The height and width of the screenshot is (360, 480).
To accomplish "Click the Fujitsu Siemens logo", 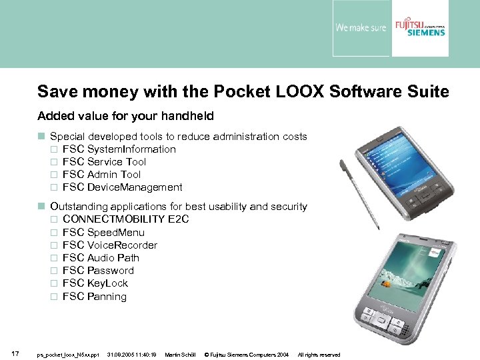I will tap(419, 29).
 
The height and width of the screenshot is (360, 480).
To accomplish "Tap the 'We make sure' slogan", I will tap(360, 29).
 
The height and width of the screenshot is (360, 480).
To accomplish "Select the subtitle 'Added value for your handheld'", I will tap(125, 116).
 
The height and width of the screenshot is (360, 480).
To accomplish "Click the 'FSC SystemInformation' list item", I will tap(119, 149).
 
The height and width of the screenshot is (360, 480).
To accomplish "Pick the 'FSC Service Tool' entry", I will tap(104, 162).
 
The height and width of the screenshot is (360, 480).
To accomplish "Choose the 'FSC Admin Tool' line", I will tap(101, 175).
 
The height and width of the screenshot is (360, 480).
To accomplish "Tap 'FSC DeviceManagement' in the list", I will tap(122, 187).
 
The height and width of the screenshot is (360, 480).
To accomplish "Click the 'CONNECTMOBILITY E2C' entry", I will tap(126, 219).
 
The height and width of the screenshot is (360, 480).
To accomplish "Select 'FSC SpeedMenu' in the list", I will tap(103, 232).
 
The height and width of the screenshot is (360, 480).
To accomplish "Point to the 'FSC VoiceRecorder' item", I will tap(110, 245).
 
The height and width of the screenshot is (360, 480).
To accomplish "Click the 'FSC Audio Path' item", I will tap(101, 257).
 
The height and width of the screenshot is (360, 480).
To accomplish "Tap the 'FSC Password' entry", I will tap(98, 270).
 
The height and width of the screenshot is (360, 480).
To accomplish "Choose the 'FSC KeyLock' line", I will tap(95, 283).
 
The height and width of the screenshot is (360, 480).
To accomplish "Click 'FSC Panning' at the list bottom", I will tap(94, 297).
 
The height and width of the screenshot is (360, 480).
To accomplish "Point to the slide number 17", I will tap(15, 353).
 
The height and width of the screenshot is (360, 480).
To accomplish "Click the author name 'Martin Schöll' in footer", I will tap(180, 355).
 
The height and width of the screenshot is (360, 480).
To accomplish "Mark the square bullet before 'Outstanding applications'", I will tap(41, 207).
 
